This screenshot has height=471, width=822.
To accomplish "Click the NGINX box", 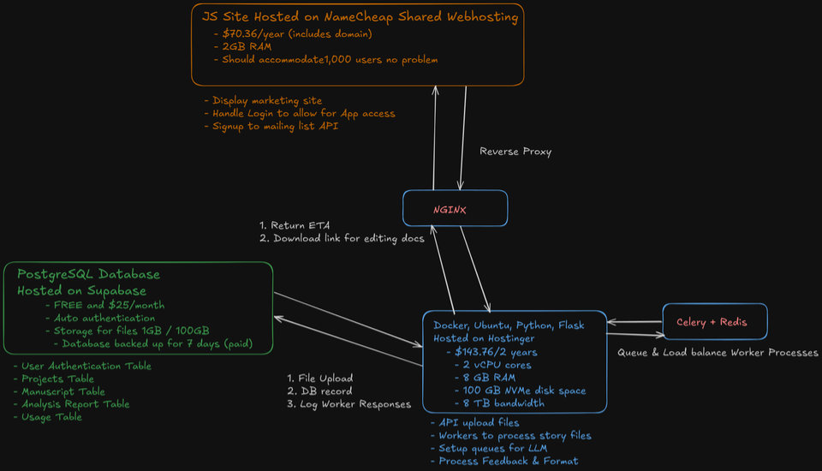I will click(455, 208).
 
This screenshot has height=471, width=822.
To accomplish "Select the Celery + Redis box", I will click(714, 322).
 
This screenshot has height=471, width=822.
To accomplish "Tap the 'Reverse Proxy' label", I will click(515, 152).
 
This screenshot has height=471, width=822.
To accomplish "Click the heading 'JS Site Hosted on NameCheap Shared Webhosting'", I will click(360, 16).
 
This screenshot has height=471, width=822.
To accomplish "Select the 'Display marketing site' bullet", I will click(263, 100).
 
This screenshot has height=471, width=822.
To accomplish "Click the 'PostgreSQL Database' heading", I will click(88, 274).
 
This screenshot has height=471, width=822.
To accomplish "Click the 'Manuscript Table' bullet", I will click(59, 391).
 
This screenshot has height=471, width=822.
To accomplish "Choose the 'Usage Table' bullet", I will click(48, 417).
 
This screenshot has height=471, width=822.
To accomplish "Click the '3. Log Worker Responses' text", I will click(348, 404).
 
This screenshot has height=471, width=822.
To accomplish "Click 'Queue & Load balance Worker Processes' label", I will click(718, 352).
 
